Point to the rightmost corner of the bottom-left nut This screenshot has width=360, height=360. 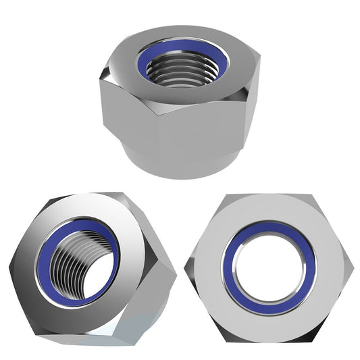(175, 276)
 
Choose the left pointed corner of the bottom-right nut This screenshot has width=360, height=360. (186, 265)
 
